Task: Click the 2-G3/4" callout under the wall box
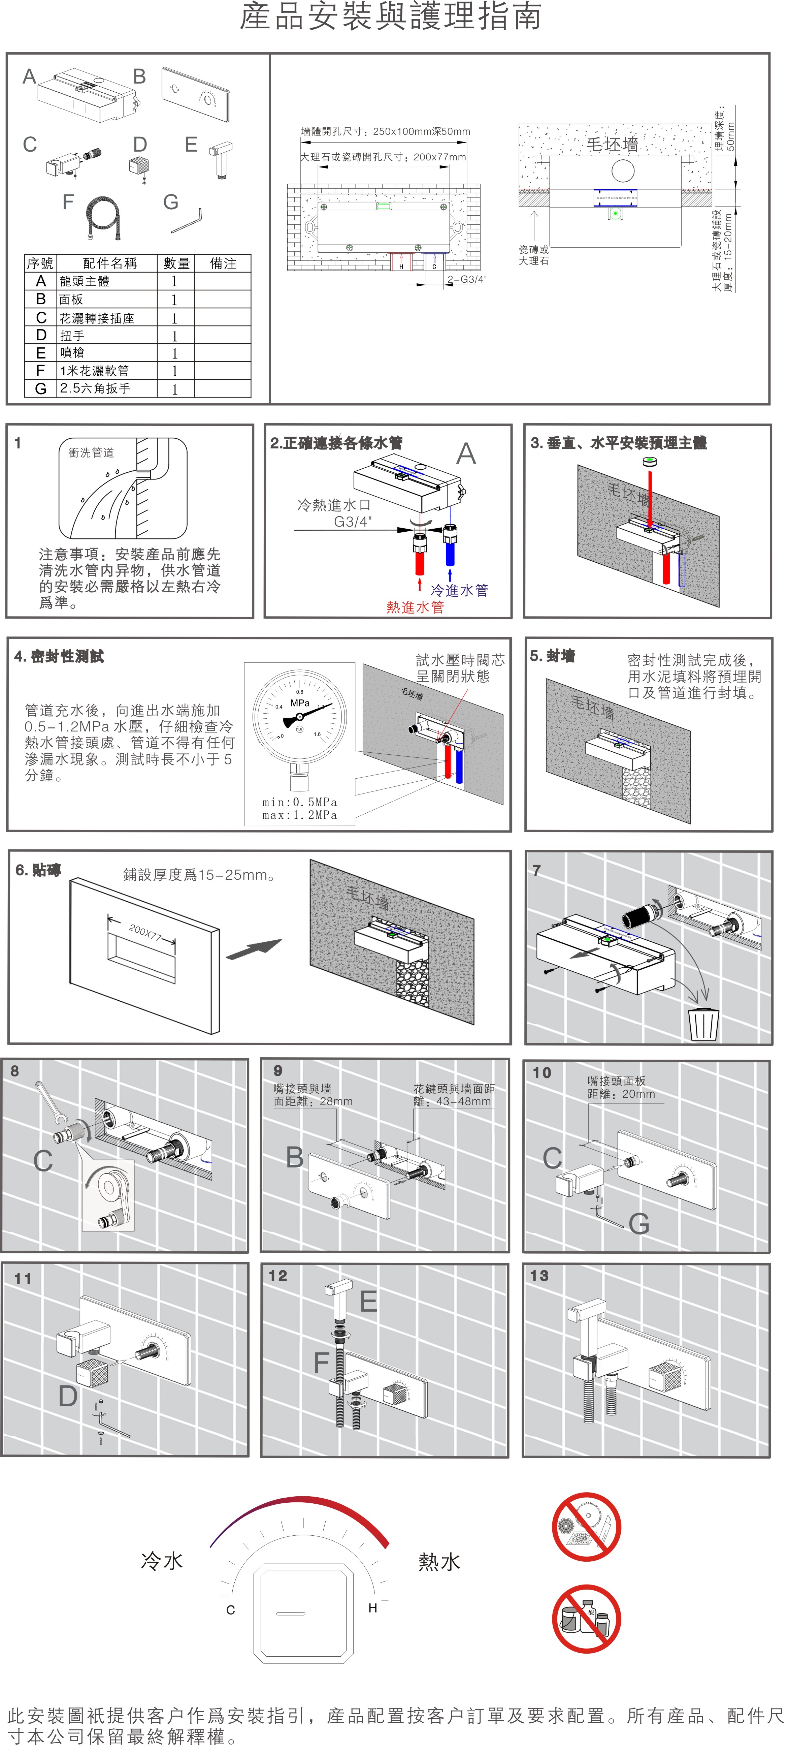[x=467, y=279]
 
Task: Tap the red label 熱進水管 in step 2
[x=415, y=607]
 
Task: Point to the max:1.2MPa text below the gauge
[x=300, y=815]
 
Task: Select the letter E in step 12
[x=368, y=1302]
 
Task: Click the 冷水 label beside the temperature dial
[x=162, y=1561]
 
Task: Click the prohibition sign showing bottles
[x=586, y=1619]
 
